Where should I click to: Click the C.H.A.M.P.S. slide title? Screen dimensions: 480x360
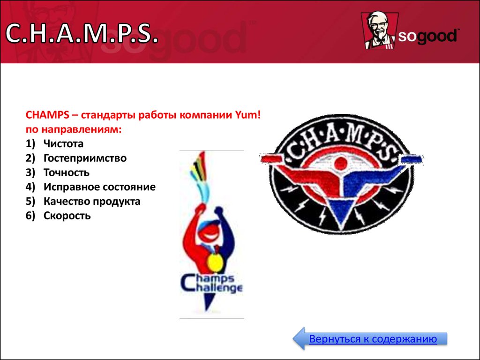click(82, 33)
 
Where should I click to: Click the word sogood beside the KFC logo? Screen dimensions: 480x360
click(427, 37)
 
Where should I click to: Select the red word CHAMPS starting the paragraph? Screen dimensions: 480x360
click(47, 115)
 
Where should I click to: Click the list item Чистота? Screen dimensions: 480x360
click(63, 143)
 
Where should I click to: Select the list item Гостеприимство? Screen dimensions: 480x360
click(85, 158)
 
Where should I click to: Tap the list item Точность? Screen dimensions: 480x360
click(67, 172)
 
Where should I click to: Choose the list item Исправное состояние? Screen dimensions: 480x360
click(99, 187)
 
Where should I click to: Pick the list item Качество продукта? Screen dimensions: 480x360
click(92, 202)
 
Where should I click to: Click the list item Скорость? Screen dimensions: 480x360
click(67, 216)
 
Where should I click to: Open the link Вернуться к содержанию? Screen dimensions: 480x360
click(373, 339)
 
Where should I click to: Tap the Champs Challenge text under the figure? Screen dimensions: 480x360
click(211, 284)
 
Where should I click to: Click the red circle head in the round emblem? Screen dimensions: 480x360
click(340, 164)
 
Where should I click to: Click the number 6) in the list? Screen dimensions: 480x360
click(30, 216)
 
